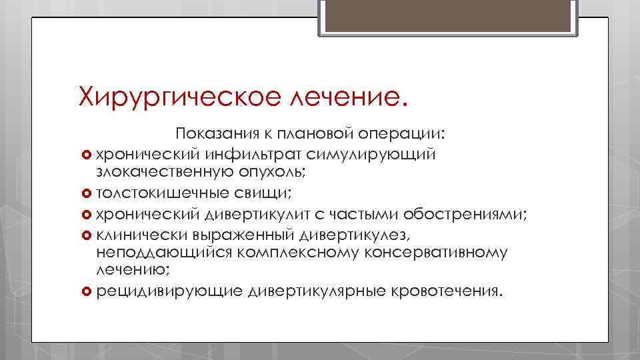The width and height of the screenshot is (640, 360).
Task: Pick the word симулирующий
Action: click(372, 155)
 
